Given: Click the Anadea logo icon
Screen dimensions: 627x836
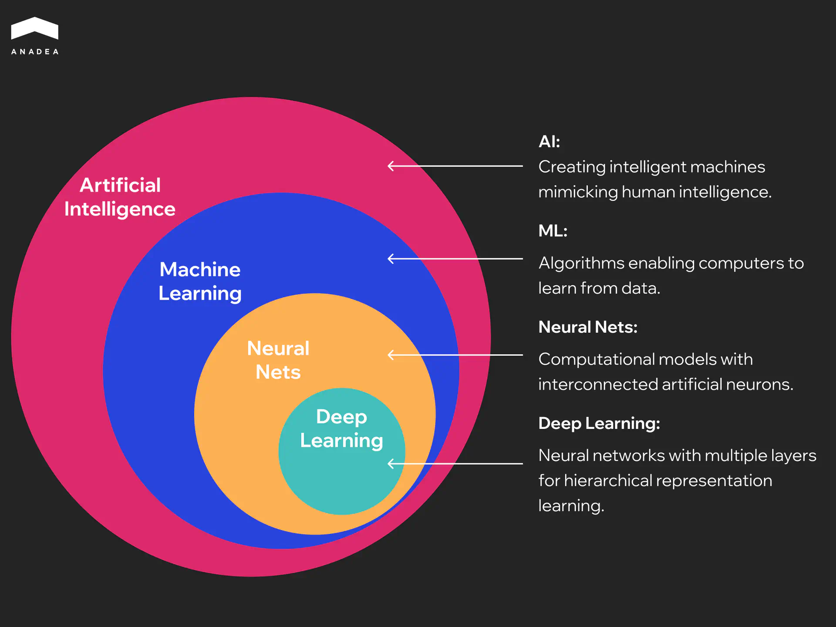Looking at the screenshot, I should [34, 28].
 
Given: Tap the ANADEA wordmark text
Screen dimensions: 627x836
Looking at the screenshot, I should [35, 52].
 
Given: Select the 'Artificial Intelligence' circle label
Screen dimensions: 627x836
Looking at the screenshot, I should [120, 197].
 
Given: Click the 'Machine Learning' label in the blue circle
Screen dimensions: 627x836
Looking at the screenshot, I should [200, 281].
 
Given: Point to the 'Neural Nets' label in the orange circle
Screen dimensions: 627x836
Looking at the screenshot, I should [278, 360].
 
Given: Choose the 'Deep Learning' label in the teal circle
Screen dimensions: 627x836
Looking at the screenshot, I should [342, 428].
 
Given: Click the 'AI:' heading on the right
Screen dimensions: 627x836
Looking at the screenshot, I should [549, 142].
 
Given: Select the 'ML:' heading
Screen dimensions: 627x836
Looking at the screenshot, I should [553, 231].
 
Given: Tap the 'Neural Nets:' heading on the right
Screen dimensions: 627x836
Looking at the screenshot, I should [588, 327].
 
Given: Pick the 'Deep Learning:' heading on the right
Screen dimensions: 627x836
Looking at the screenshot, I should [599, 423].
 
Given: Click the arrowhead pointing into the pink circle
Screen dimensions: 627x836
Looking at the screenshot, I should [391, 166].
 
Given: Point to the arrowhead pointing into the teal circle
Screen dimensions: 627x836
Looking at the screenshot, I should [391, 464].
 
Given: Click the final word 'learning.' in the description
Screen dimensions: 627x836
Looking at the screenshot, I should [571, 506].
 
